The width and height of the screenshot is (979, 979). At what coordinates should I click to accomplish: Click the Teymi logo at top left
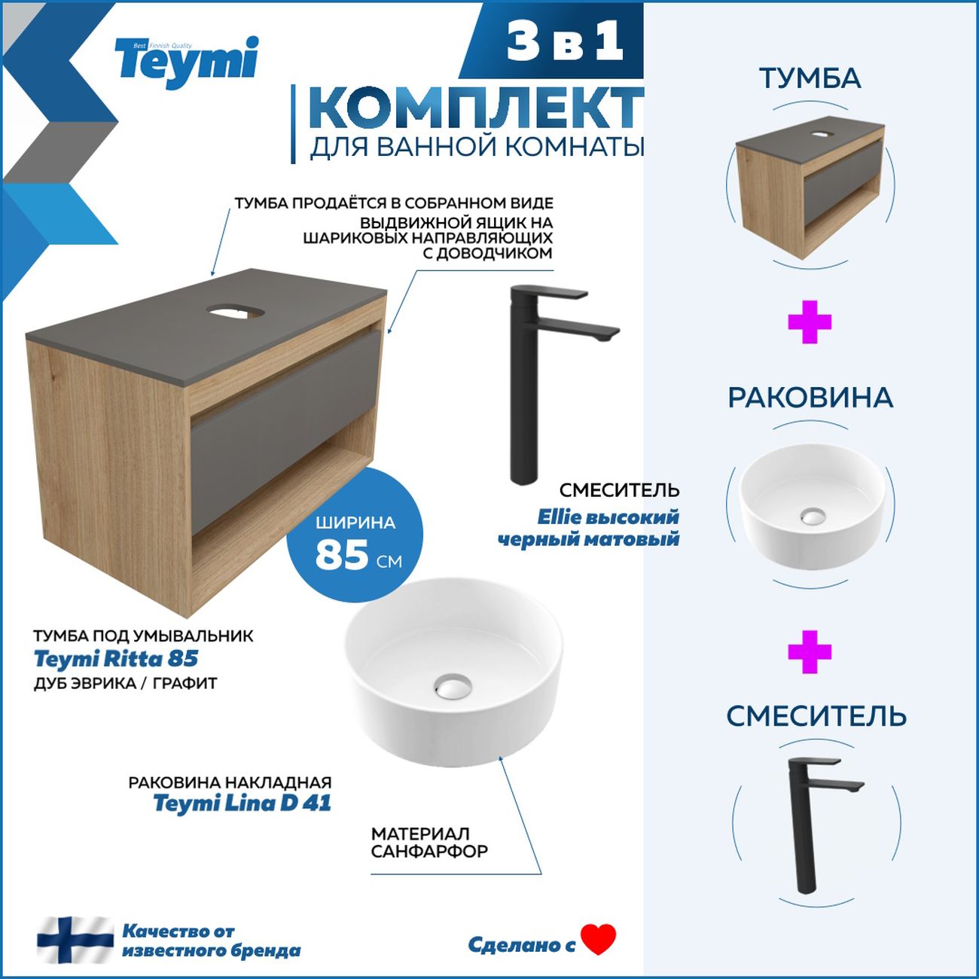186,62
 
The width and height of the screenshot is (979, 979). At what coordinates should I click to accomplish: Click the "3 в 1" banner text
565,41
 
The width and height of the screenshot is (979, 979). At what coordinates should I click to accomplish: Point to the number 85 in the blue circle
342,555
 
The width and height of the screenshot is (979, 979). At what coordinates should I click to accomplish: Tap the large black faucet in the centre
527,384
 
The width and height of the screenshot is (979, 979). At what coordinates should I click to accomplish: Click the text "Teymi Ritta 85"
116,659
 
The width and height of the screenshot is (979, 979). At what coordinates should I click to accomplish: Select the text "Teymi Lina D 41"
242,803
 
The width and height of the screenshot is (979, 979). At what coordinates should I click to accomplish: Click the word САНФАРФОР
429,852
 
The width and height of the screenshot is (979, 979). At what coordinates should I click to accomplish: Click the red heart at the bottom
599,939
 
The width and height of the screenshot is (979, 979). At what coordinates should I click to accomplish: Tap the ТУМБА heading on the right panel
810,78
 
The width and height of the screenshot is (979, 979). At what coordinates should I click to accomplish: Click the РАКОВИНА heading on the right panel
810,398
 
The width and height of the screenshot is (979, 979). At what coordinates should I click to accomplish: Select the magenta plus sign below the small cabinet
810,323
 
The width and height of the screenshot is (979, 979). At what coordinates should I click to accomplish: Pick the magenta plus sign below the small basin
810,652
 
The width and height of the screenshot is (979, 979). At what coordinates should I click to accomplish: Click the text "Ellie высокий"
608,517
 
